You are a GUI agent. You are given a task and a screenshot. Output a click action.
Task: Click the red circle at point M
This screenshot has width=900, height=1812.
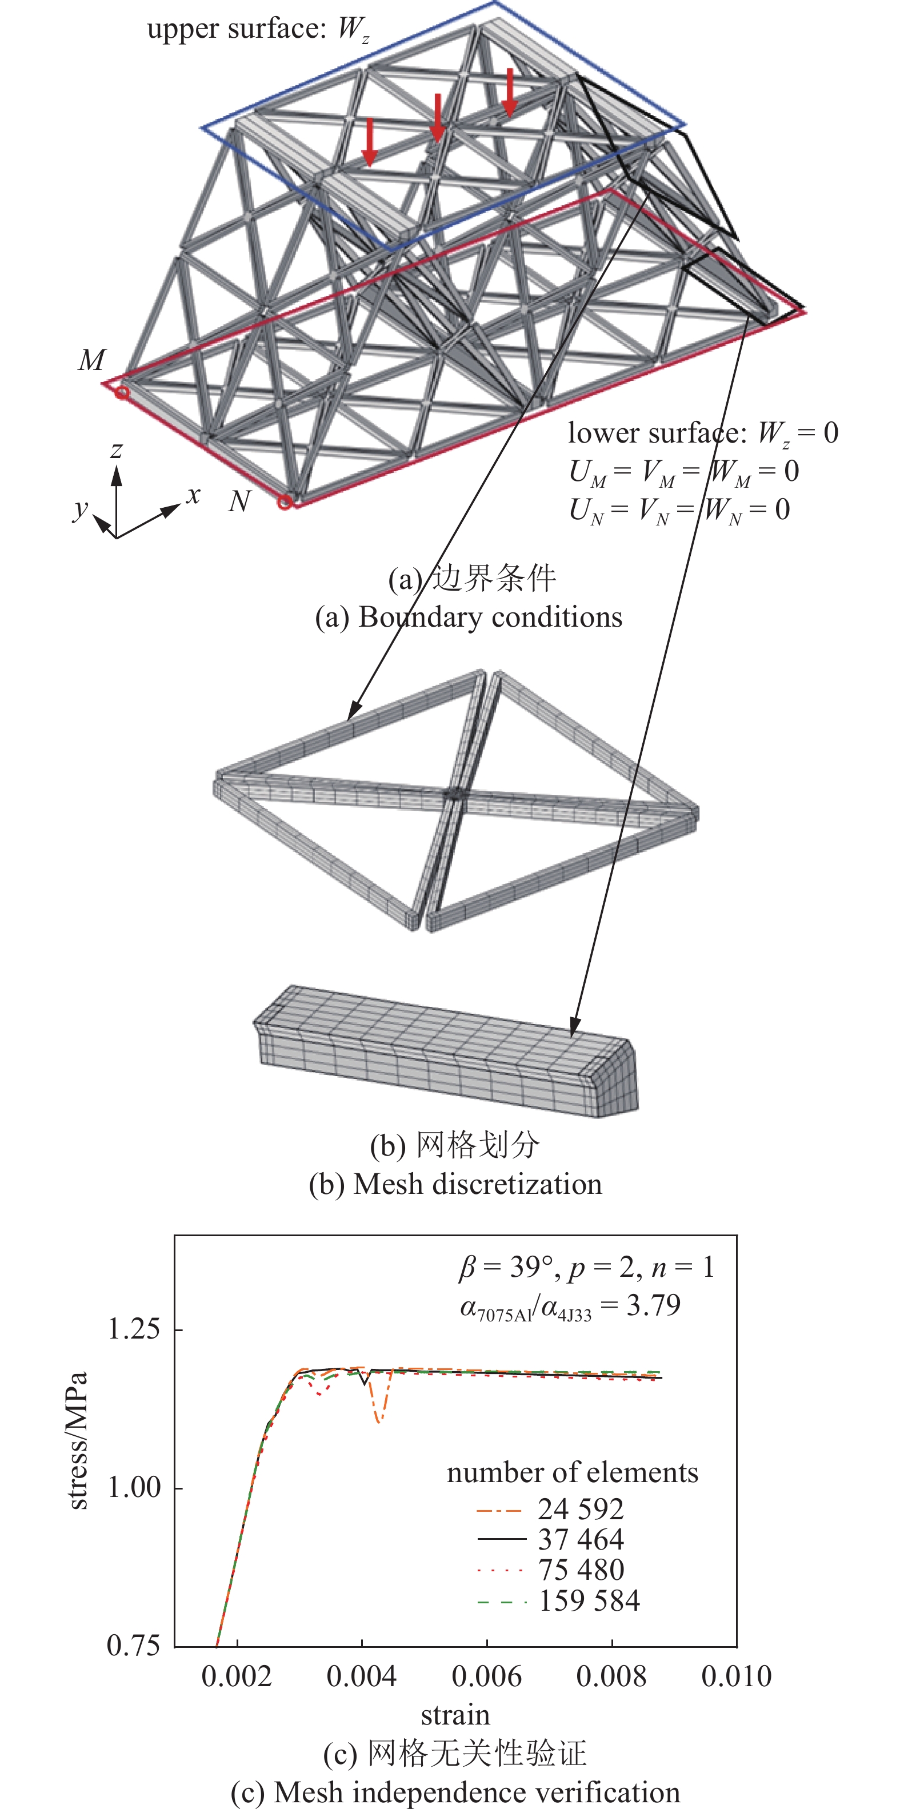click(x=122, y=392)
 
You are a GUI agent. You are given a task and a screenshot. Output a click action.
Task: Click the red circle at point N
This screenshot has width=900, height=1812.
click(x=285, y=502)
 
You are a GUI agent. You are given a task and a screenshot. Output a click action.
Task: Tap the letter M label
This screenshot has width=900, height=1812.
click(x=92, y=360)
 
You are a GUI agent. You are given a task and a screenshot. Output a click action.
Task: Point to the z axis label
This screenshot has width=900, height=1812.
click(x=117, y=449)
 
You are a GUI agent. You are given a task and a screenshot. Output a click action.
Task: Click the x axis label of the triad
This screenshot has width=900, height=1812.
click(x=193, y=495)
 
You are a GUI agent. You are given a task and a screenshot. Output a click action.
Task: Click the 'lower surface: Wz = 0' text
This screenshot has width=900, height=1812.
click(x=702, y=433)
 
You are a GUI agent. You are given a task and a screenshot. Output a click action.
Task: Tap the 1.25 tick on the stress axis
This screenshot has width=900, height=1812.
click(x=134, y=1329)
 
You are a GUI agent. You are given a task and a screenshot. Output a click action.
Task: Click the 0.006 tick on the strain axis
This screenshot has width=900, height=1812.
click(x=486, y=1677)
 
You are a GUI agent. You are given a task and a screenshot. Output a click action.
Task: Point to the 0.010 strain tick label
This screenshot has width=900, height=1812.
click(x=736, y=1677)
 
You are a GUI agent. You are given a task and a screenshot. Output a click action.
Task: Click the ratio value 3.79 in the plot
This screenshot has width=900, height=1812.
click(x=653, y=1305)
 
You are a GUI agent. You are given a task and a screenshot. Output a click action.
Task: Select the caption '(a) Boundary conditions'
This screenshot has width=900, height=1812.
click(x=468, y=618)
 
